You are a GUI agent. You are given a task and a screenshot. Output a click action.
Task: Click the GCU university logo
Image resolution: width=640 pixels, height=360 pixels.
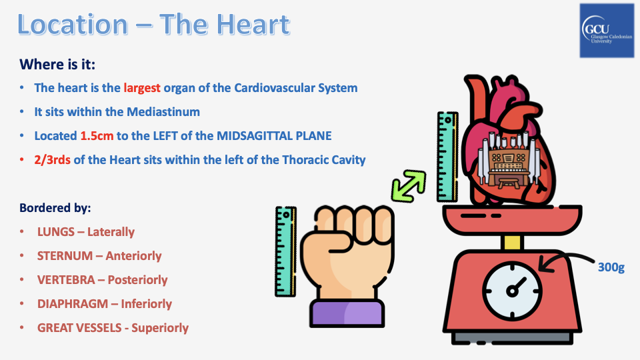click(607, 31)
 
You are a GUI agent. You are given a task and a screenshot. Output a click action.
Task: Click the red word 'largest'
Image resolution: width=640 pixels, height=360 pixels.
click(142, 88)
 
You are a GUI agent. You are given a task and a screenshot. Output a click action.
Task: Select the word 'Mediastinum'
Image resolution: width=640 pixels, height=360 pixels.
click(163, 112)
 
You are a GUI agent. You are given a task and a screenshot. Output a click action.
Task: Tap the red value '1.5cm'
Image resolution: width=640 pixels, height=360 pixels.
click(97, 136)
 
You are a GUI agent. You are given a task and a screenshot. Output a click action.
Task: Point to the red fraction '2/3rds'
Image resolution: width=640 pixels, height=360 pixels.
click(52, 160)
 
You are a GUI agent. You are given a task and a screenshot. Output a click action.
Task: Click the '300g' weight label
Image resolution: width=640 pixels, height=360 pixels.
click(611, 267)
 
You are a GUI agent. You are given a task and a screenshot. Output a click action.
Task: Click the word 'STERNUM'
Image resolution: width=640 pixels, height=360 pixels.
click(65, 256)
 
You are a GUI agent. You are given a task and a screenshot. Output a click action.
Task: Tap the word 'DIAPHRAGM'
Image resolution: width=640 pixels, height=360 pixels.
click(72, 304)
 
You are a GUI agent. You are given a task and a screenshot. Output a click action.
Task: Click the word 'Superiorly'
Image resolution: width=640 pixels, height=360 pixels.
click(160, 328)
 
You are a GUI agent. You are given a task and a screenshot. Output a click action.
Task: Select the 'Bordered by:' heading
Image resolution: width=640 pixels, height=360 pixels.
click(55, 208)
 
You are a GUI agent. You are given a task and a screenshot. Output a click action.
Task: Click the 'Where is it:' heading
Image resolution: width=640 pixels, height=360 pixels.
click(57, 65)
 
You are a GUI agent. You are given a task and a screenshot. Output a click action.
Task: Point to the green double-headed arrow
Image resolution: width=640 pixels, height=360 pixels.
click(409, 187)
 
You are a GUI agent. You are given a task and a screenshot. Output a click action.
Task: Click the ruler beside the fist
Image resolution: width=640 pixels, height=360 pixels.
click(285, 251)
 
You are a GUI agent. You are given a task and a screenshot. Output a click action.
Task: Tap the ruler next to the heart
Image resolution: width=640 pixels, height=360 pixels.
click(447, 157)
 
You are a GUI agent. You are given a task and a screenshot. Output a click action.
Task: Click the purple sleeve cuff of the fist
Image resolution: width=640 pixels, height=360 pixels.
click(347, 313)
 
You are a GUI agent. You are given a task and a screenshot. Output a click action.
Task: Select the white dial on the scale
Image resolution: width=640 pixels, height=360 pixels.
click(512, 291)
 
